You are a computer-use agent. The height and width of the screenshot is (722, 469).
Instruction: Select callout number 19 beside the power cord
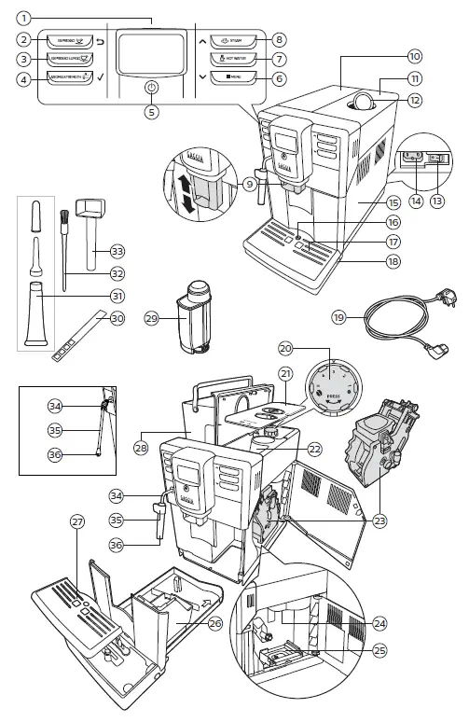click(340, 318)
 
